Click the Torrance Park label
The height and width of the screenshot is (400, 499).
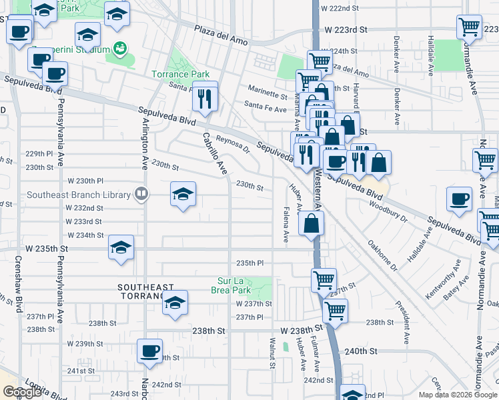[181, 74]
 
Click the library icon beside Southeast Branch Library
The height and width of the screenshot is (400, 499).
[141, 195]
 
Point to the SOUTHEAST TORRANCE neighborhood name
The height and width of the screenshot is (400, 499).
[140, 291]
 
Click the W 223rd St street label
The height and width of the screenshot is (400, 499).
[347, 29]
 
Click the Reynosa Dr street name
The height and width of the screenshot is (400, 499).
[232, 146]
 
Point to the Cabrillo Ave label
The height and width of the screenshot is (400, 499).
[215, 153]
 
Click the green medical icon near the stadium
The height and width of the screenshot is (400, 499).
[120, 48]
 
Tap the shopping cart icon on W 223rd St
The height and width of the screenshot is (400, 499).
[469, 27]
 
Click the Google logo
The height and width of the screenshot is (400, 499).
[22, 392]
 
